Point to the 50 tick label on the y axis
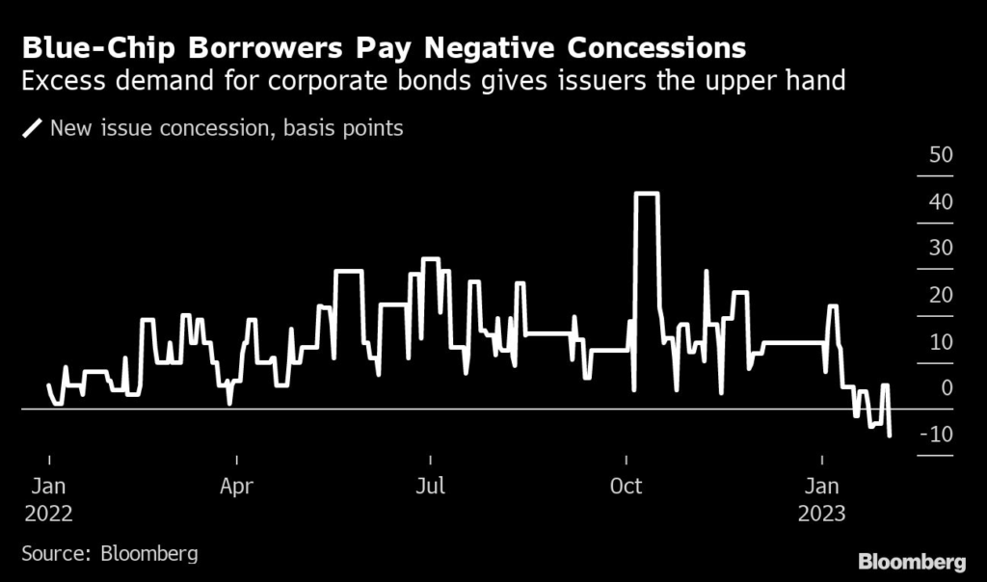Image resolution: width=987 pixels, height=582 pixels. pos(939,156)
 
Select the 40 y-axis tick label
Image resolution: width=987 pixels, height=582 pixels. pos(939,202)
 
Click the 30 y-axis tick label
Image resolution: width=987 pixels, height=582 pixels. pos(939,249)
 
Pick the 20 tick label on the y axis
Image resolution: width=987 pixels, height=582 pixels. pos(939,295)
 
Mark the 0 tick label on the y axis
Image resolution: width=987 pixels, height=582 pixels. pos(947,387)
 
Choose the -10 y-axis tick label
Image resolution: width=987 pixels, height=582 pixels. pos(936,435)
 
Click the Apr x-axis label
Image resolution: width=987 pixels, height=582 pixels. pos(236,488)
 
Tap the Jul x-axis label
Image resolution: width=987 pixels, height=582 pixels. pos(430,488)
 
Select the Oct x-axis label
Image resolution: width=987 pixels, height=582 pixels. pos(627,488)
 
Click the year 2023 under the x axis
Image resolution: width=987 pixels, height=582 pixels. pos(821,514)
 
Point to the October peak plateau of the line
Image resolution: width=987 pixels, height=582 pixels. pos(646,195)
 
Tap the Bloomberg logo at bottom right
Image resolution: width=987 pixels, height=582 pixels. pos(912,561)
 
